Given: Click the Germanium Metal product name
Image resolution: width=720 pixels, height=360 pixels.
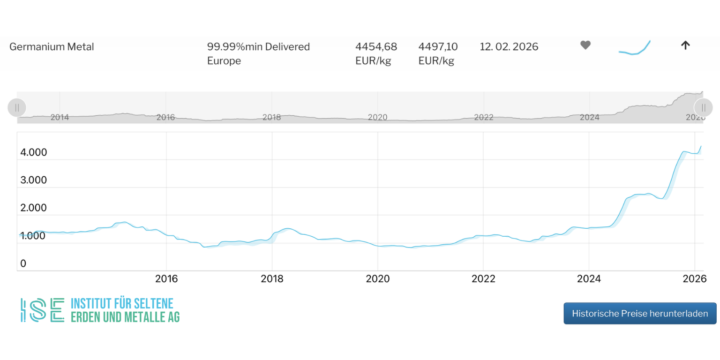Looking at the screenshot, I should coord(52,47).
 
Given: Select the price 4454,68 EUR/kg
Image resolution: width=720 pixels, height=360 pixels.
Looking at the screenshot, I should coord(376,53).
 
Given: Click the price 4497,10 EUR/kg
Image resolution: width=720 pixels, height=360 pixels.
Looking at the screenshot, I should coord(438,53).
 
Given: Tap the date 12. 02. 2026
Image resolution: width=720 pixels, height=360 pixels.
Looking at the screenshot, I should coord(509,47).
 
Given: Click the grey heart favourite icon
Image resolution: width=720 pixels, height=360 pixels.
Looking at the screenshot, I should coord(585,45).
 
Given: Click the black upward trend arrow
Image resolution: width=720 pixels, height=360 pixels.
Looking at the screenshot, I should coord(685,45).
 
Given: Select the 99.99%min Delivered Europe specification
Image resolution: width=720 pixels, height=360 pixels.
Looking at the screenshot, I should coord(258,53).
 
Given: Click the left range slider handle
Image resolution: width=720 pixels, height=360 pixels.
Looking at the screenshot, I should coord(17,108).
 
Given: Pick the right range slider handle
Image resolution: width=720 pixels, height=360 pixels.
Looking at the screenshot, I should coord(703,108).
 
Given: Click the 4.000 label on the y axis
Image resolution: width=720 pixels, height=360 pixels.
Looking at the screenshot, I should coord(33,153).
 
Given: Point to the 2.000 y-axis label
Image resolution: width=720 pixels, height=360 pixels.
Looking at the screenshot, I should coord(33,208).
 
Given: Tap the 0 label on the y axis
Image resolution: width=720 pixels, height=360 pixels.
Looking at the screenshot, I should coord(23,264).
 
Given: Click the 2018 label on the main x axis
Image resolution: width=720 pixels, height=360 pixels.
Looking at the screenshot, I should coord(272,279).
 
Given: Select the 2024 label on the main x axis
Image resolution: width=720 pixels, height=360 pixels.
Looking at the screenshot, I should coord(589,279).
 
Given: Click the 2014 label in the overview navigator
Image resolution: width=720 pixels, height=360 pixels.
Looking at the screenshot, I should coord(60,118).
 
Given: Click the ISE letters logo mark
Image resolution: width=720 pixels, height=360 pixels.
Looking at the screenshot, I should coord(42,310).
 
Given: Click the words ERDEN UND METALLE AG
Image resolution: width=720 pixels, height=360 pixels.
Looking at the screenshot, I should coord(125,317).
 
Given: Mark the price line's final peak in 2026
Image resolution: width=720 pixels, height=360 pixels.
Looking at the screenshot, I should coord(701,146).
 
